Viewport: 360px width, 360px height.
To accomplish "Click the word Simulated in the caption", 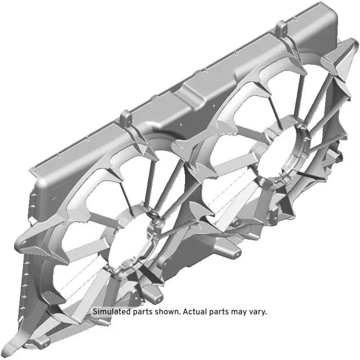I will (x=111, y=312).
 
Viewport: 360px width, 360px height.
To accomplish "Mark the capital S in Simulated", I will (x=95, y=312).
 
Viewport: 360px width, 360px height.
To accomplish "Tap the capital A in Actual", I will (x=185, y=312).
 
